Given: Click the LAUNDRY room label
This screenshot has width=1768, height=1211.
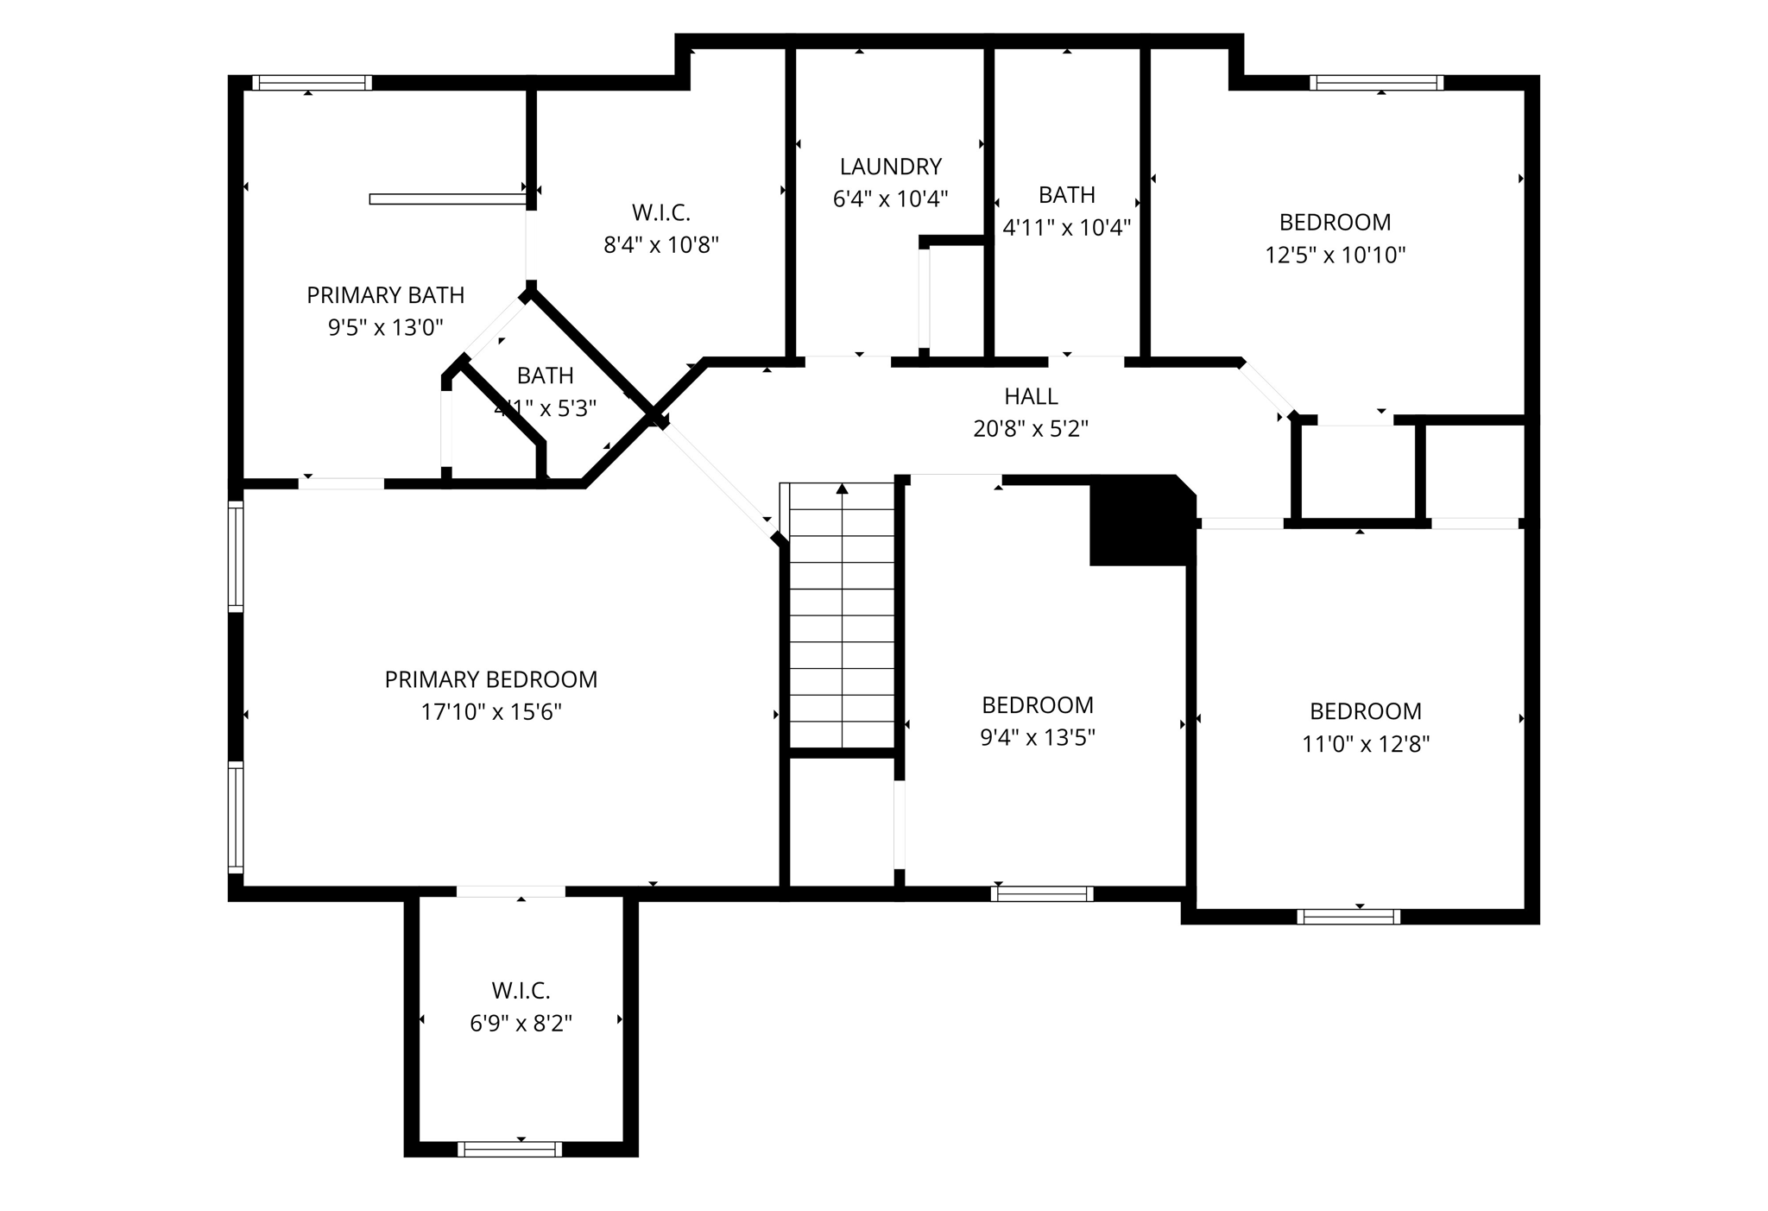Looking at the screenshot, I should point(890,167).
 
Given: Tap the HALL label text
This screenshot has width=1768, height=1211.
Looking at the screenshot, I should point(1031,396).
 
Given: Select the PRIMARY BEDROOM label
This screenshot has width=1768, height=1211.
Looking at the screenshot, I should point(490,679).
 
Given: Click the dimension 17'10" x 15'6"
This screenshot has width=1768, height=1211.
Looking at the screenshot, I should point(490,712).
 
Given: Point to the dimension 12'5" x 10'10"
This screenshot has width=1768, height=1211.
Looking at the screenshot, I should point(1335,255).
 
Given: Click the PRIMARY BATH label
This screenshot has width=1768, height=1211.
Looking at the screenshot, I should point(385,295).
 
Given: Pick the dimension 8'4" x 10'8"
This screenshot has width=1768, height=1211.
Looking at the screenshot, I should point(660,245).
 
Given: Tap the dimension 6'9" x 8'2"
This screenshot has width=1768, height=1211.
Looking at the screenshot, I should point(521,1023).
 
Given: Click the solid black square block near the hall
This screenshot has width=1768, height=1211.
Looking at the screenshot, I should point(1138,523).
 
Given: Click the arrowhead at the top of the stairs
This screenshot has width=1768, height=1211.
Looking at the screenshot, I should point(842,489).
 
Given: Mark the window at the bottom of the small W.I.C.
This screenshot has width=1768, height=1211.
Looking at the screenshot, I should point(509,1149).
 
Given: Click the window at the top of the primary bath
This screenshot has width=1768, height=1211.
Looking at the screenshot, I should point(312,83).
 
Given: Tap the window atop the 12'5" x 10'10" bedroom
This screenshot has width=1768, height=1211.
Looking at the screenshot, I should point(1376,83).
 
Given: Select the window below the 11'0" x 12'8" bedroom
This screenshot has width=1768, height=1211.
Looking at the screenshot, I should point(1348,917).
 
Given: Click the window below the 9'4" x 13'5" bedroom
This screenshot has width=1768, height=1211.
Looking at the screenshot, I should point(1042,894).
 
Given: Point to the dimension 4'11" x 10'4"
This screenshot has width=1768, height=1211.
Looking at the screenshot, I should point(1066,228).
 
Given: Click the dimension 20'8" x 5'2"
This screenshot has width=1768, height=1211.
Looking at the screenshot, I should point(1031,429).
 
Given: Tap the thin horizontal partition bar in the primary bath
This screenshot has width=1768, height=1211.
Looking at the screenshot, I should point(447,199).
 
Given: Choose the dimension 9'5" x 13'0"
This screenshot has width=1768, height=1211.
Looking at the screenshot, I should point(385,328).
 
